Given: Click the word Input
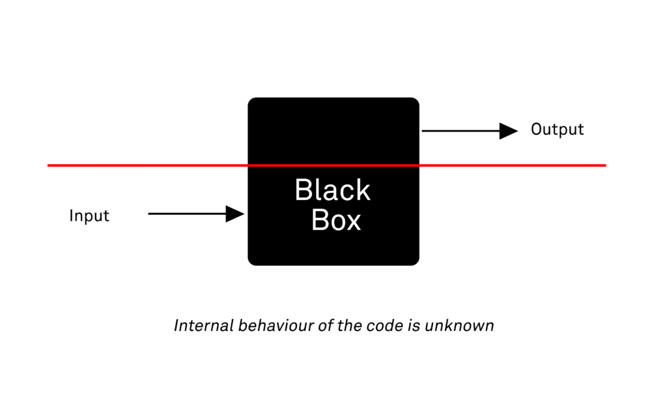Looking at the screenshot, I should tap(89, 216).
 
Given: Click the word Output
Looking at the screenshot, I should tap(557, 130).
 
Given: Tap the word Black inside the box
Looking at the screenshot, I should tap(332, 190).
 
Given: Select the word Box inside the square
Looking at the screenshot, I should tap(335, 221).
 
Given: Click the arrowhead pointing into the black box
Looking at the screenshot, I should tap(234, 214).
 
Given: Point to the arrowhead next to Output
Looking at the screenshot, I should tap(508, 131).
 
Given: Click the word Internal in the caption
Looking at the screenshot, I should tap(203, 325).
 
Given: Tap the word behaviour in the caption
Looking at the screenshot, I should tap(276, 325).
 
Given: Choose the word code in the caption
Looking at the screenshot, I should tap(380, 325).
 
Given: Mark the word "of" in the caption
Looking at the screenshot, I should tap(326, 325).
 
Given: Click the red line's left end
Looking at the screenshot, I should tap(50, 165).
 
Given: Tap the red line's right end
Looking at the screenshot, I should tap(604, 165).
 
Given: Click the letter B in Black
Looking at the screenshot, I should tap(304, 190).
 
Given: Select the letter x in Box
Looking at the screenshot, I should tap(353, 221).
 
